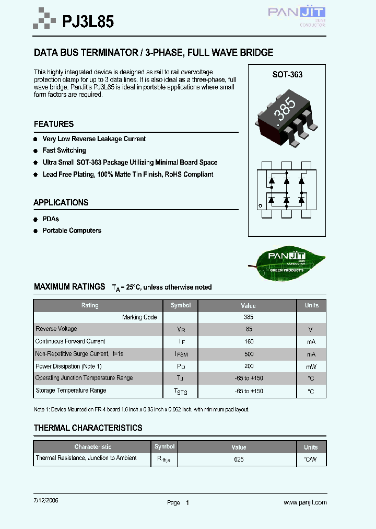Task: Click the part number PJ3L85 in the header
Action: (88, 21)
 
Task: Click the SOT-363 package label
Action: (287, 75)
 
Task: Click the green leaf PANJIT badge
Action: (286, 259)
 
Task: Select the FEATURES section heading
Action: (54, 124)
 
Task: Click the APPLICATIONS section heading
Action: (61, 203)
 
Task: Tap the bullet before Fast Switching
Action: (36, 151)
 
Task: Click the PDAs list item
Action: (51, 219)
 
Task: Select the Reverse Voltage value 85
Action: (249, 329)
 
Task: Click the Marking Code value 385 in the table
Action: (249, 317)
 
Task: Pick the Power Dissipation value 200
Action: (249, 366)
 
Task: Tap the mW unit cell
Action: (311, 367)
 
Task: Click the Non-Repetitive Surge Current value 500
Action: (249, 354)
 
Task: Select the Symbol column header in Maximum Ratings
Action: (181, 305)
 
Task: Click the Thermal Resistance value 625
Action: (239, 459)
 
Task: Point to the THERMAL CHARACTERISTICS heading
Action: (88, 428)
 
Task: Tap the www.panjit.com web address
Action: (305, 502)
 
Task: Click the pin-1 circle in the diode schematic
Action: (261, 206)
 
